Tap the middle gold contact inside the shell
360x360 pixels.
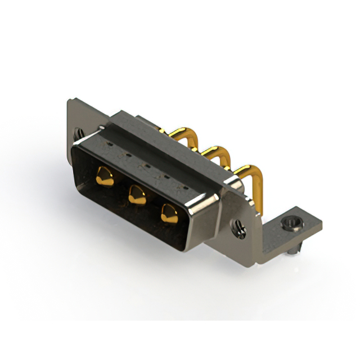click(136, 195)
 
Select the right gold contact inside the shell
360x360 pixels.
click(168, 213)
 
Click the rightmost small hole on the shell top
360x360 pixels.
click(179, 184)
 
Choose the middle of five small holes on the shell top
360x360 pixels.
click(143, 165)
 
